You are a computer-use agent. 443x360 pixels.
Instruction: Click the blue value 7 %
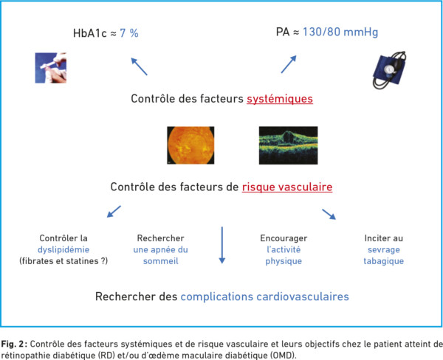(x=129, y=33)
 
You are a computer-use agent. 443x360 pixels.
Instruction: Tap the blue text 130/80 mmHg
(x=340, y=32)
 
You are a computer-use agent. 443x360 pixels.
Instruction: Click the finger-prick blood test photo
(x=51, y=68)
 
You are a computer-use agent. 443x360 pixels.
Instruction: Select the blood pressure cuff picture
(x=390, y=70)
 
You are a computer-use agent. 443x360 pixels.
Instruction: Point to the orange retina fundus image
(x=190, y=145)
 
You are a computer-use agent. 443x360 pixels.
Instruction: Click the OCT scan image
(x=289, y=145)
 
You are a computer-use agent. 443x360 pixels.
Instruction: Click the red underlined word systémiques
(x=280, y=99)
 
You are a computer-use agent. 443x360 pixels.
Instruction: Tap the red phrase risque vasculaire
(x=287, y=187)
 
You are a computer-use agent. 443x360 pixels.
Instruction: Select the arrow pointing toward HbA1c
(x=139, y=66)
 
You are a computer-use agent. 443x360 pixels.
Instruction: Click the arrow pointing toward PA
(x=289, y=64)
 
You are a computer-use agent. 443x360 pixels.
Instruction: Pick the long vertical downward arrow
(x=222, y=245)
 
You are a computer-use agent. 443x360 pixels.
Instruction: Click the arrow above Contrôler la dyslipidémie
(x=114, y=212)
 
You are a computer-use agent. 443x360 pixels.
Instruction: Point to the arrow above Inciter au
(x=329, y=215)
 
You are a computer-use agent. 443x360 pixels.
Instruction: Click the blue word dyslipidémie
(x=63, y=249)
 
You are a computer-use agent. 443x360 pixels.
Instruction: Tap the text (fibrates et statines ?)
(x=63, y=261)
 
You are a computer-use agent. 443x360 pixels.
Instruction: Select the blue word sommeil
(x=161, y=261)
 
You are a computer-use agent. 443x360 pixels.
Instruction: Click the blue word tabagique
(x=384, y=261)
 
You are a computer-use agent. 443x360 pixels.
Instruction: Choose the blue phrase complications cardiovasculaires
(x=265, y=297)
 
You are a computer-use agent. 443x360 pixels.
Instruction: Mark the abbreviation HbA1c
(x=90, y=33)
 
